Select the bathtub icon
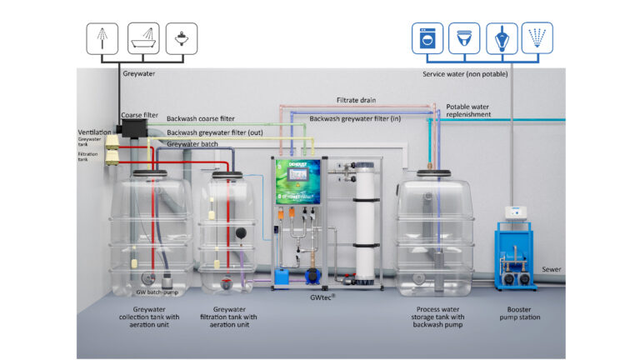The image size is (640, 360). click(x=144, y=38)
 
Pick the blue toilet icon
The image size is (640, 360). click(x=465, y=38)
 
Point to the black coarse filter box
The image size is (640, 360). click(x=131, y=128)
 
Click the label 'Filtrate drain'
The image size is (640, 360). click(x=356, y=100)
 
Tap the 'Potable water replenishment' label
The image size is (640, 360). click(x=467, y=111)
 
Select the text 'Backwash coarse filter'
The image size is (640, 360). click(x=200, y=118)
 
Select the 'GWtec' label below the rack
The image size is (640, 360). click(x=319, y=296)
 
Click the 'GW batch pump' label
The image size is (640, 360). click(x=157, y=292)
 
